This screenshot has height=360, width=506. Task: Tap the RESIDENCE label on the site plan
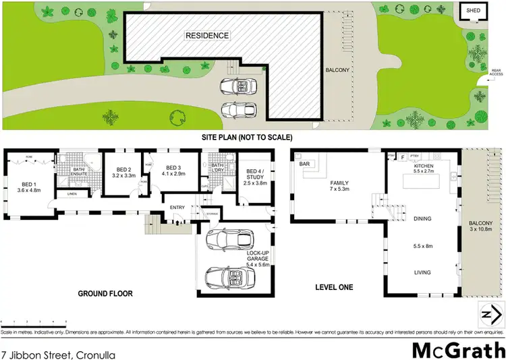(208, 36)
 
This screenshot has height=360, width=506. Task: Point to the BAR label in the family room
(304, 164)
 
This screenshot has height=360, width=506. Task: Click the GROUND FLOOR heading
(105, 294)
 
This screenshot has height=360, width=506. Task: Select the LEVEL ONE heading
(334, 288)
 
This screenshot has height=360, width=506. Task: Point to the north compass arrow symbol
(491, 314)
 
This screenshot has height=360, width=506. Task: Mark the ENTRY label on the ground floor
(177, 207)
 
